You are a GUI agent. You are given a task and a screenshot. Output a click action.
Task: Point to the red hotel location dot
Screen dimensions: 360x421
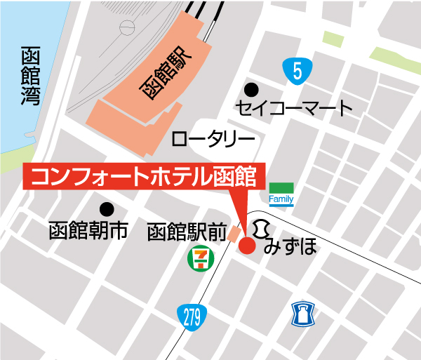(246, 246)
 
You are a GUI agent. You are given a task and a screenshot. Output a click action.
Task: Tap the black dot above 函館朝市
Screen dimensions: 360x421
(106, 208)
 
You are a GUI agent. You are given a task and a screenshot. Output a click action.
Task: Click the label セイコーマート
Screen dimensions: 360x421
(293, 109)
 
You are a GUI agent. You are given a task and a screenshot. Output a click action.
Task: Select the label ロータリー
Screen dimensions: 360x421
(211, 139)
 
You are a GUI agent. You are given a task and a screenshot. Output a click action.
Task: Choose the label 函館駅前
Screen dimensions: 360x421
(187, 232)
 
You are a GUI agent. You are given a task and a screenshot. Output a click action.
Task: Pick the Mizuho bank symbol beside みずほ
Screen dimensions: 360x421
(262, 228)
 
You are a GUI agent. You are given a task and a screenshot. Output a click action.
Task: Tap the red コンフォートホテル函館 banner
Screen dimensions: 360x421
(145, 176)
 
